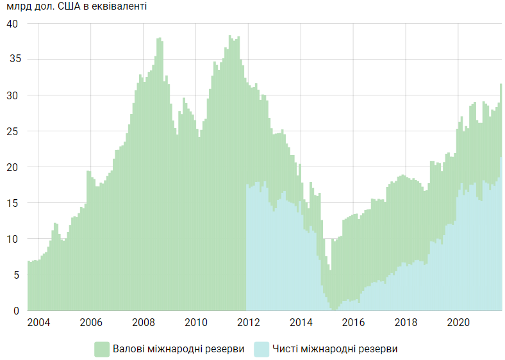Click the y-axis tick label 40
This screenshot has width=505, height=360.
coord(13,24)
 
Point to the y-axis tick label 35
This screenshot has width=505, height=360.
coord(13,60)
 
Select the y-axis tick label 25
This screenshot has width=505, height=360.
coord(13,131)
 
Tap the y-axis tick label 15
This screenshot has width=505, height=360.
coord(13,203)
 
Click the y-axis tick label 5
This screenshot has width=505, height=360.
coord(16,275)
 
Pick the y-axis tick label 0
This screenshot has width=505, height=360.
coord(16,311)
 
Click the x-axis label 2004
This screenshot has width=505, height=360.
coord(38,322)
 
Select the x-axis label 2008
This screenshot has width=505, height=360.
coord(144,322)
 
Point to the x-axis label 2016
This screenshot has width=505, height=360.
coord(353,322)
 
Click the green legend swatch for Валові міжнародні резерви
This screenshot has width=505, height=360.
coord(102,349)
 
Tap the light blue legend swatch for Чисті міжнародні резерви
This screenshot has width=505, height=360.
coord(261,349)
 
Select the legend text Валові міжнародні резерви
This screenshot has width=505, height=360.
coord(178,349)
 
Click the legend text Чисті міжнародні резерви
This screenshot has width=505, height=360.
coord(335,349)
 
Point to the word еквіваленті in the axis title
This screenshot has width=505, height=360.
coord(122,8)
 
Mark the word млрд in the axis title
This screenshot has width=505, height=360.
coord(18,8)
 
